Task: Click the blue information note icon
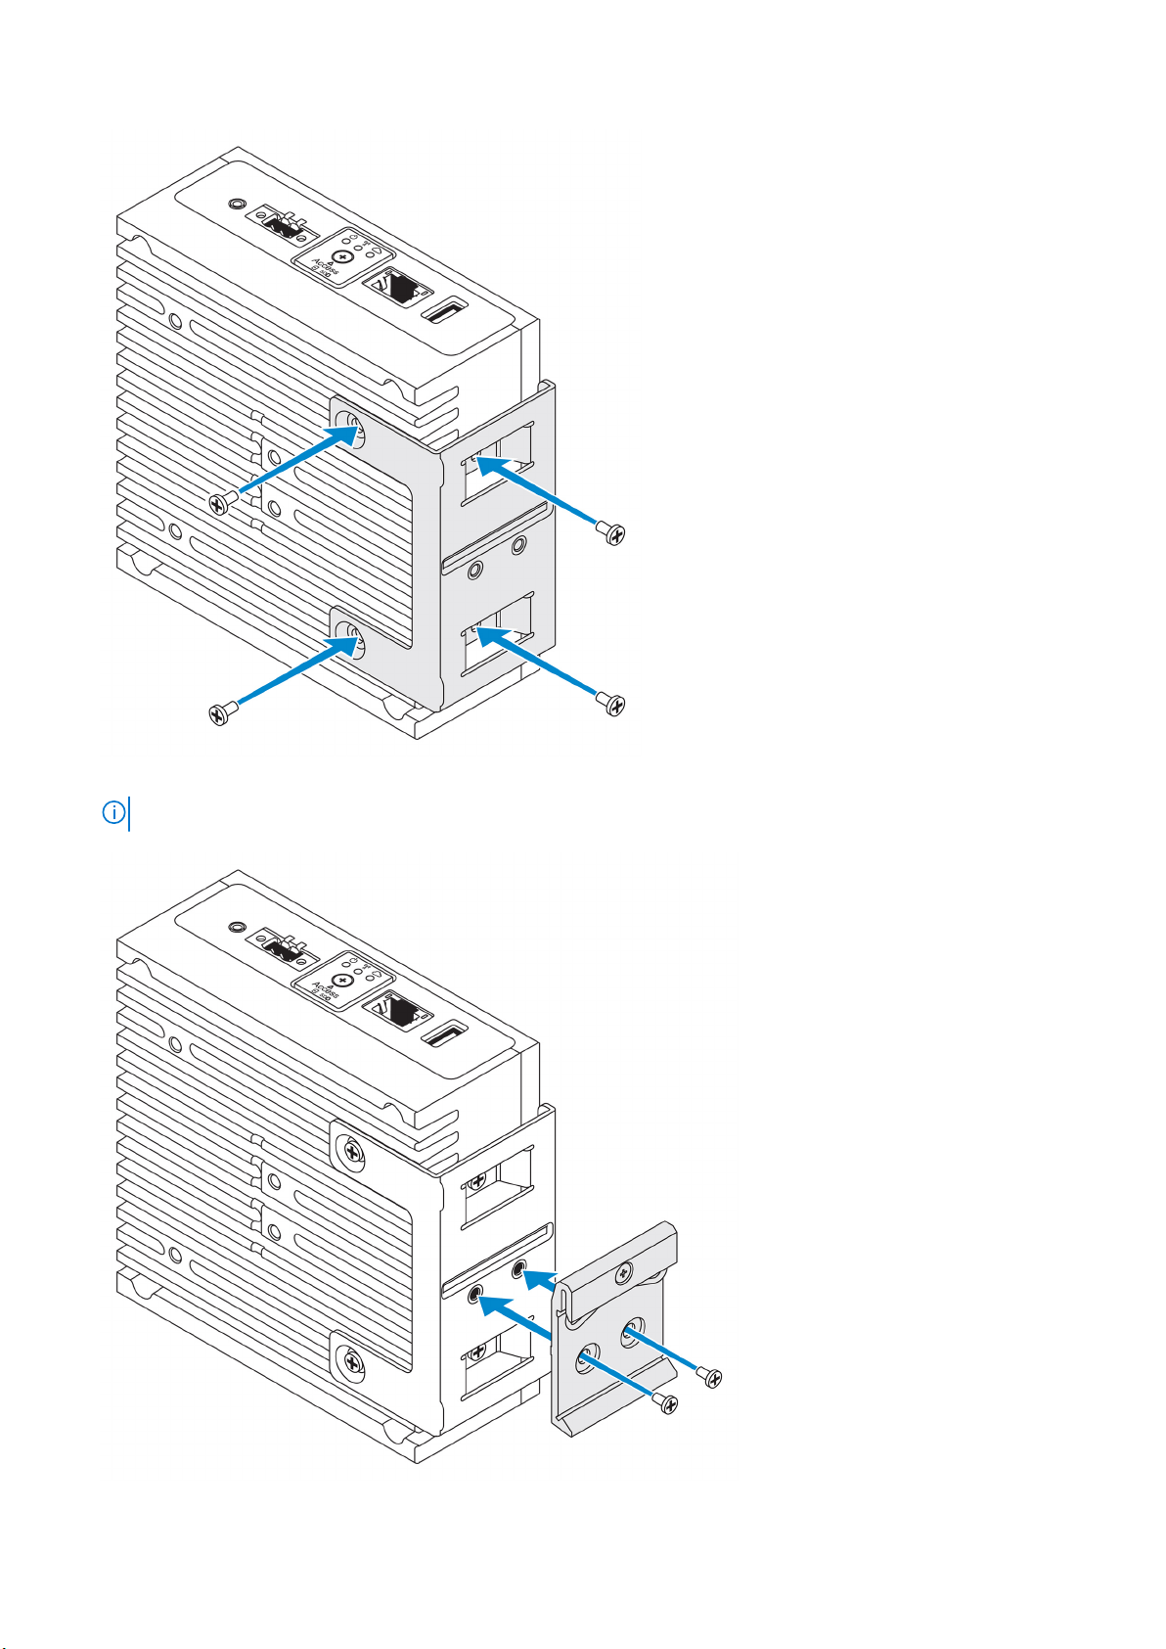point(114,813)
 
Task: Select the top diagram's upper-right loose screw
point(612,533)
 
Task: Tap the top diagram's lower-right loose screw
point(612,704)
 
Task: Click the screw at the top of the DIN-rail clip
point(621,1273)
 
